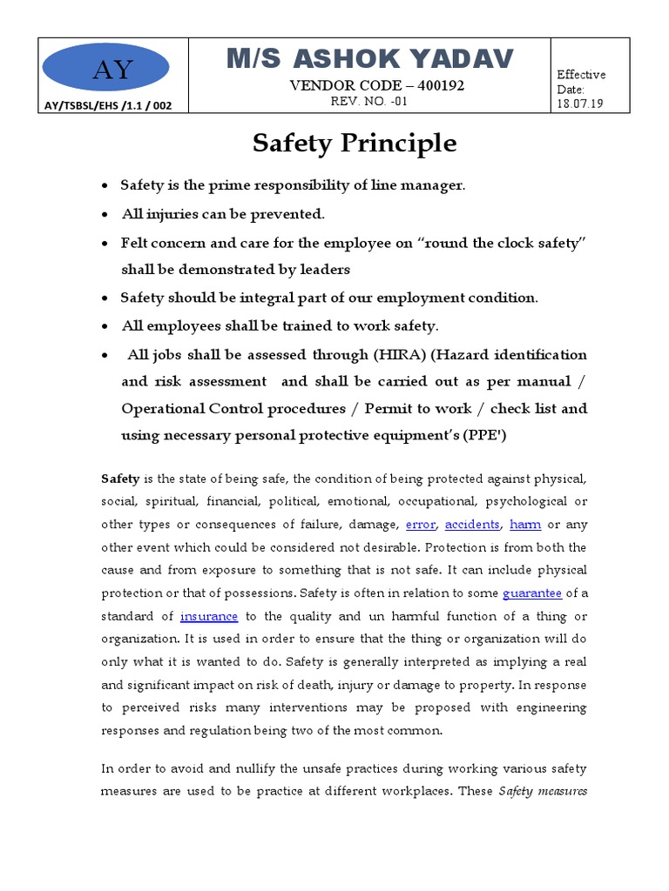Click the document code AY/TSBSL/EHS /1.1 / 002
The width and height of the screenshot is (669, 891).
click(x=108, y=105)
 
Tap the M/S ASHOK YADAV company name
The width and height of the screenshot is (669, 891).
click(x=370, y=59)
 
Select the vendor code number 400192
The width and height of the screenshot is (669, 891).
click(x=441, y=85)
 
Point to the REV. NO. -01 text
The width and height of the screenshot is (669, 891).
click(x=369, y=101)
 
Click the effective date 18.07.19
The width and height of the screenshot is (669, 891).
click(x=579, y=104)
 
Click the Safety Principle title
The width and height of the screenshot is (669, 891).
click(x=355, y=143)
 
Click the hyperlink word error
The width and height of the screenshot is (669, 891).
click(x=421, y=525)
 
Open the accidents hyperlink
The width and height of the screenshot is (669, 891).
click(x=472, y=525)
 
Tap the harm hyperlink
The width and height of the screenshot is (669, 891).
click(x=525, y=525)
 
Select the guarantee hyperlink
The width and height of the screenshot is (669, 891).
click(x=532, y=593)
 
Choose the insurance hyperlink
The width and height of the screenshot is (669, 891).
click(x=209, y=615)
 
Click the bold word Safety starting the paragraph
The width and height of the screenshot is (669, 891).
click(x=120, y=479)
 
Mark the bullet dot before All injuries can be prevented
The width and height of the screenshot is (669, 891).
click(x=105, y=214)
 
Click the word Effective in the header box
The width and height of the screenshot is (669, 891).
click(x=581, y=75)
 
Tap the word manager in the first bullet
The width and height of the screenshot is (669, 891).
click(x=436, y=185)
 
